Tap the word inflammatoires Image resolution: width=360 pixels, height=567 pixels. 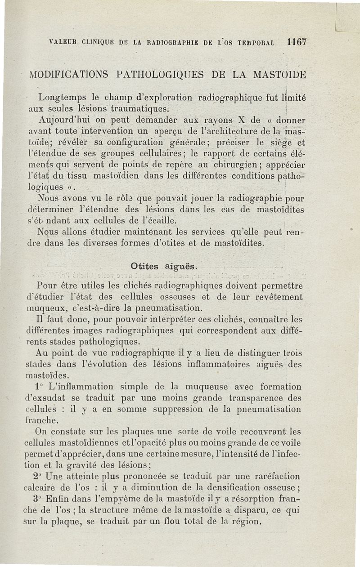[x=236, y=365]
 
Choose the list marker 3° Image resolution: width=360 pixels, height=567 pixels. [x=39, y=498]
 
